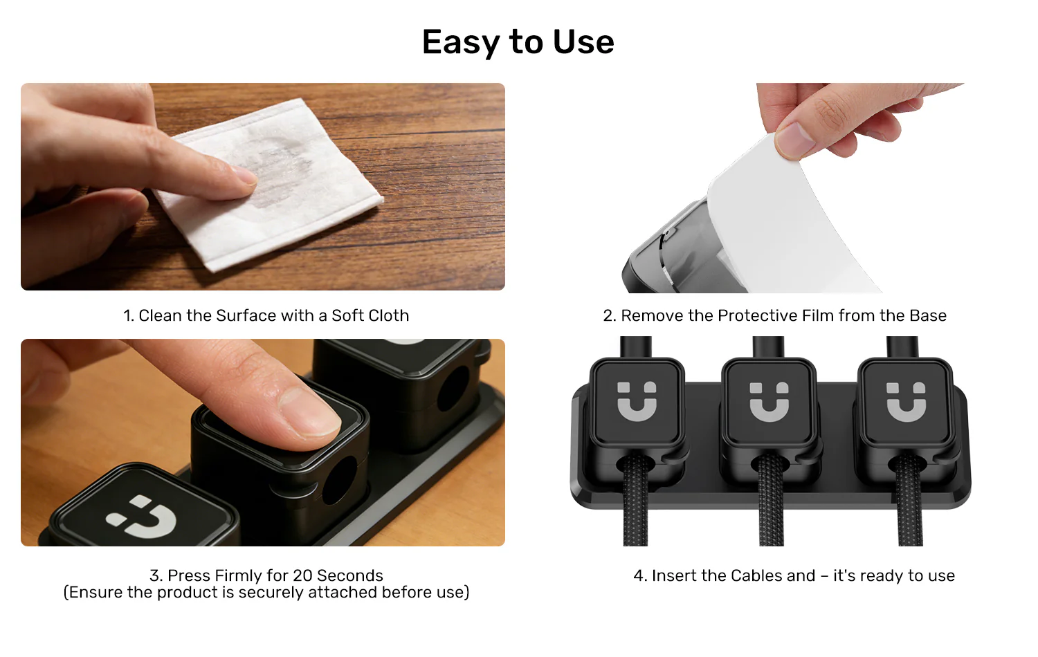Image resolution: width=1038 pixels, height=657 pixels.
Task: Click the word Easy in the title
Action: (461, 42)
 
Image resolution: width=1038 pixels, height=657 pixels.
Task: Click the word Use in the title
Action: (583, 42)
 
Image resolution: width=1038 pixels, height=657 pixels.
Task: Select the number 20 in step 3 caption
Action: (302, 576)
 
